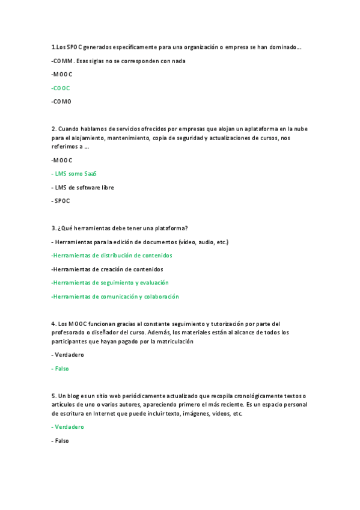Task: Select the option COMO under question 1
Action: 63,102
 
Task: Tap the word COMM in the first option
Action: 63,61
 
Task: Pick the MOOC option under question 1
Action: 63,75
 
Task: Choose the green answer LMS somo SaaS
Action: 75,174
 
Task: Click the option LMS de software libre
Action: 84,188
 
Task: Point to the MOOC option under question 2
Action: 63,160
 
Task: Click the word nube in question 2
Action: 298,129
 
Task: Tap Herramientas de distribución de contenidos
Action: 112,256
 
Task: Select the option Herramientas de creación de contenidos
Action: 108,269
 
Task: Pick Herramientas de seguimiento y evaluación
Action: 110,283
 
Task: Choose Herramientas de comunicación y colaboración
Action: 115,296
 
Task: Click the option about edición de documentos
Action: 141,242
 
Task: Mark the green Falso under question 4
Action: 61,369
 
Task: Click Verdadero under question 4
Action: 67,355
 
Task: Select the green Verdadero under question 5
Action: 69,427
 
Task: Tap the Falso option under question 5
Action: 61,441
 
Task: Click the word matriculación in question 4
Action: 175,342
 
